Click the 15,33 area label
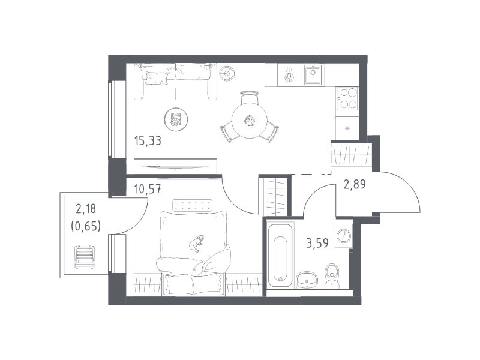pyautogui.click(x=148, y=141)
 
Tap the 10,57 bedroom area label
pyautogui.click(x=148, y=189)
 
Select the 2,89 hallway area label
pyautogui.click(x=355, y=184)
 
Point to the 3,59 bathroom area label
pyautogui.click(x=317, y=243)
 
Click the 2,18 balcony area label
pyautogui.click(x=86, y=209)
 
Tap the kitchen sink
pyautogui.click(x=313, y=75)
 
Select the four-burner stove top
pyautogui.click(x=347, y=98)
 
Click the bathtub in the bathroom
pyautogui.click(x=280, y=256)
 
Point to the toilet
pyautogui.click(x=332, y=276)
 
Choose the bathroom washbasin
pyautogui.click(x=307, y=280)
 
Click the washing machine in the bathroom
pyautogui.click(x=344, y=235)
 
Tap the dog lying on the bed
pyautogui.click(x=196, y=244)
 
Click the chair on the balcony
pyautogui.click(x=85, y=257)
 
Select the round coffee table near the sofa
pyautogui.click(x=176, y=119)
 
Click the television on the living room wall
pyautogui.click(x=175, y=167)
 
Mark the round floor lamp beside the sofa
pyautogui.click(x=227, y=73)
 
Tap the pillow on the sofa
pyautogui.click(x=157, y=78)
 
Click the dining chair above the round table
pyautogui.click(x=249, y=98)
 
